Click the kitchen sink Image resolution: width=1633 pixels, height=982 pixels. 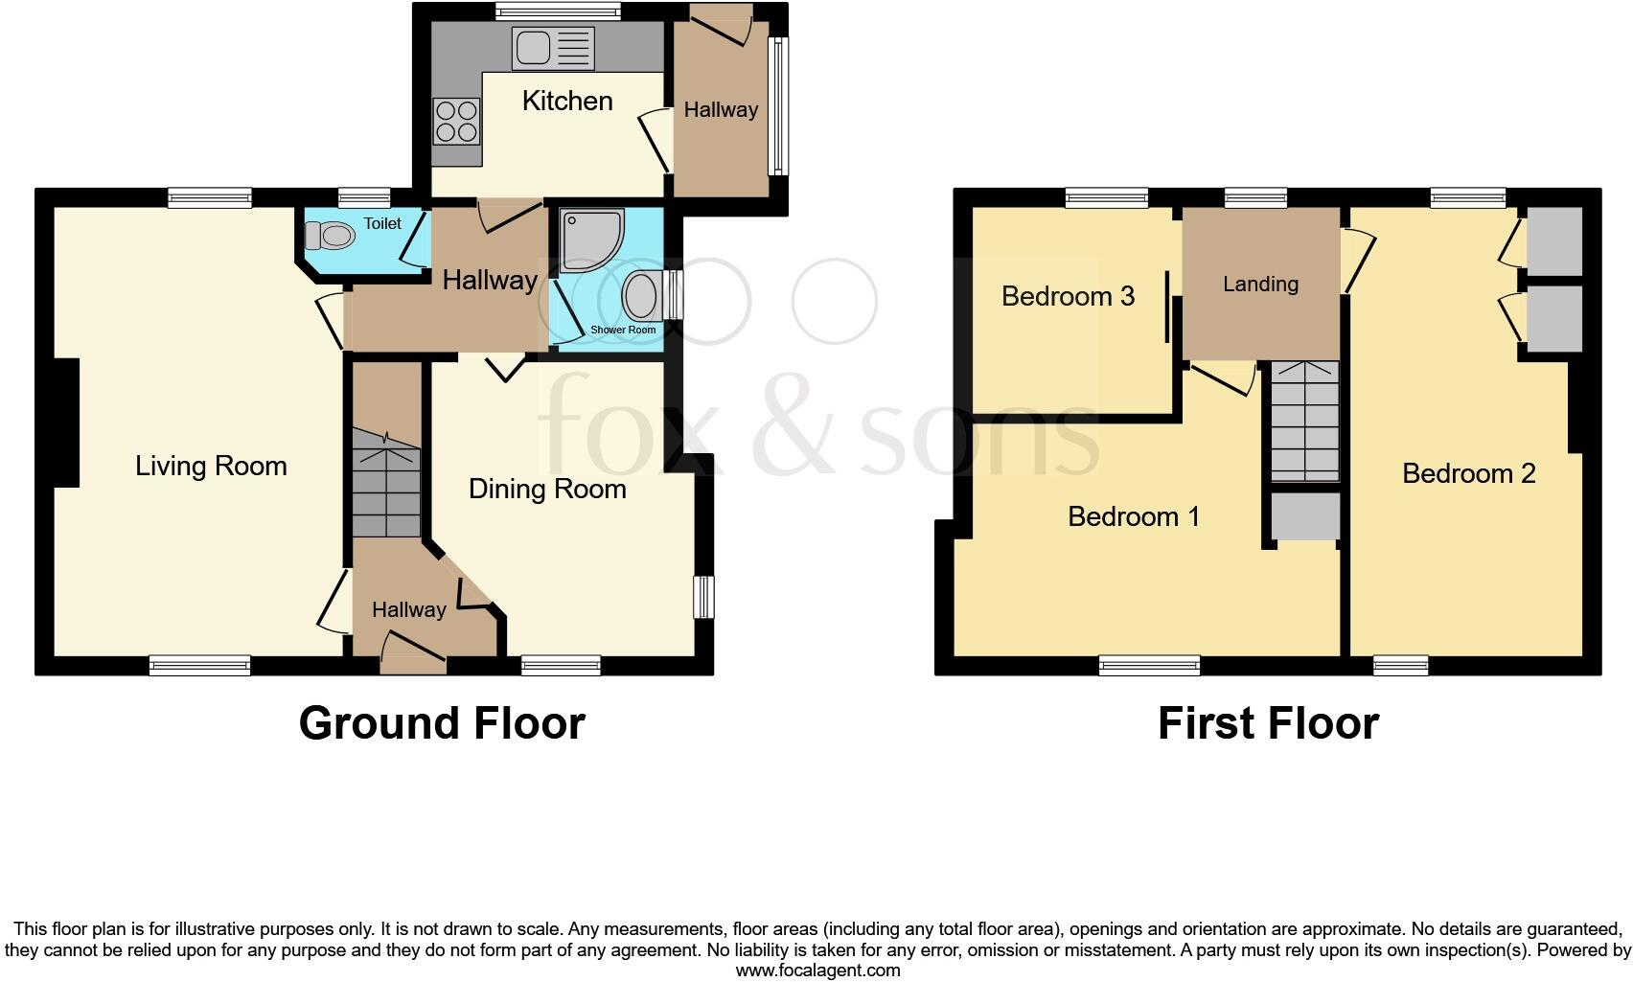[553, 48]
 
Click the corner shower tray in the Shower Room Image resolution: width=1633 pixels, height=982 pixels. [590, 240]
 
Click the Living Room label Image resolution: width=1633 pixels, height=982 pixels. [211, 467]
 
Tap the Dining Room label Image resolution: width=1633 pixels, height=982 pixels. [547, 490]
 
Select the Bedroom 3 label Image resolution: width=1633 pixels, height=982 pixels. [1068, 296]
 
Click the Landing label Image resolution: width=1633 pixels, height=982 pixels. [1260, 285]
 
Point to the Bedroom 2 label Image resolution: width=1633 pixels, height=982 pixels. [1468, 473]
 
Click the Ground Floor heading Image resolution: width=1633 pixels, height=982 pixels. [442, 723]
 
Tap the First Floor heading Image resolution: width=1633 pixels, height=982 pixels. [1268, 723]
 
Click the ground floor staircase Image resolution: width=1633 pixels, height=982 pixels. [386, 484]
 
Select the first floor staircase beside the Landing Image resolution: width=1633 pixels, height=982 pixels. [1304, 422]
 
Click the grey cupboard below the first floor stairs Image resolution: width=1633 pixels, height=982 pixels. [1304, 517]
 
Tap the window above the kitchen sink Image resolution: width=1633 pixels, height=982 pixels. [557, 11]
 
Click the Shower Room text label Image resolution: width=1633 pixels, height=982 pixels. [623, 330]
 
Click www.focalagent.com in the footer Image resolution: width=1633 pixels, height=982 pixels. [817, 971]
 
